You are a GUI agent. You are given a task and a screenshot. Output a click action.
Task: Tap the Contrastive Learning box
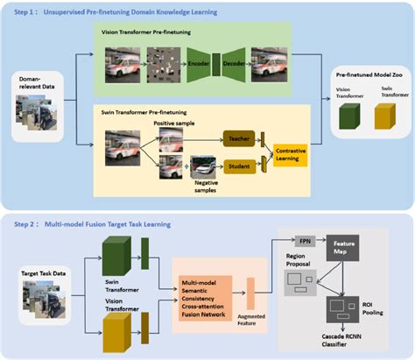pos(291,154)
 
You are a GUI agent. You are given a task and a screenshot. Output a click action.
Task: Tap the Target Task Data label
pos(44,274)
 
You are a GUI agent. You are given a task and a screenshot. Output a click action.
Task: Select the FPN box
pos(305,240)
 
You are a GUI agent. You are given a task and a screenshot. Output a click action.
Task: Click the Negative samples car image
pos(202,166)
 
